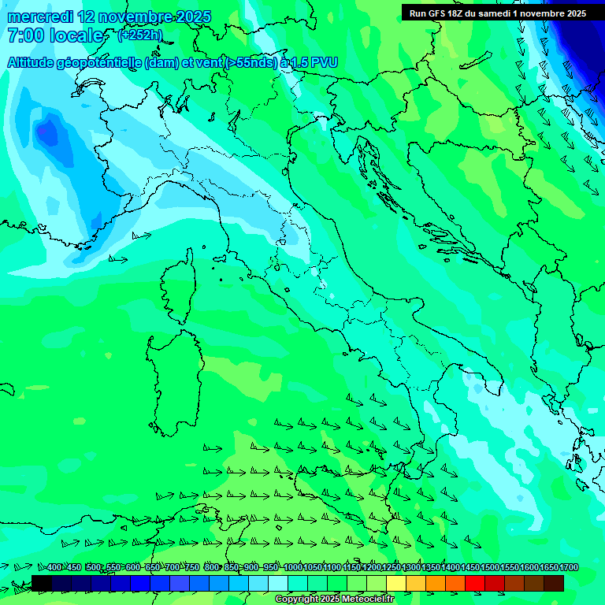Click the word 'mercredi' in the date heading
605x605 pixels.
click(x=40, y=17)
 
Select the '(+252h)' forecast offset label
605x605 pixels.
click(x=139, y=35)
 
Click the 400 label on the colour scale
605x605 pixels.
click(x=54, y=567)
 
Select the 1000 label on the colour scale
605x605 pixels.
click(x=292, y=567)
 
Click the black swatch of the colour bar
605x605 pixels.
click(x=42, y=583)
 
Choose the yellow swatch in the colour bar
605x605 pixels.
click(x=396, y=583)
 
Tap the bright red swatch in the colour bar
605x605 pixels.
click(x=475, y=583)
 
